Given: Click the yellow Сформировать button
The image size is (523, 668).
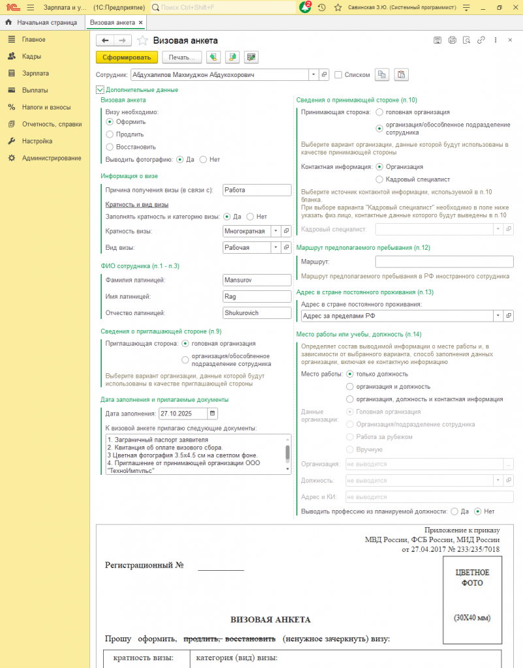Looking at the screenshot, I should click(127, 57).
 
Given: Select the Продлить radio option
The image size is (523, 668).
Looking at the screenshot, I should click(110, 134).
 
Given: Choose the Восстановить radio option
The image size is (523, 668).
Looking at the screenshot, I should click(110, 147).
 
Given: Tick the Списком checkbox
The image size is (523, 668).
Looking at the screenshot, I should click(338, 75).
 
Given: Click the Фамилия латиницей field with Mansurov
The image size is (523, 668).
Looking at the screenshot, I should click(256, 280).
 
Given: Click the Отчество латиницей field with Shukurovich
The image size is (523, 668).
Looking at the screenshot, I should click(256, 313).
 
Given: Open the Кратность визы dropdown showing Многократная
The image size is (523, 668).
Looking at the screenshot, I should click(276, 231).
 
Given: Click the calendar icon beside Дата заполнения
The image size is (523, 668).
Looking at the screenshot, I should click(212, 413).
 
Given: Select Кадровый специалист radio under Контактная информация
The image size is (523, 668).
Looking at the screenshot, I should click(380, 179).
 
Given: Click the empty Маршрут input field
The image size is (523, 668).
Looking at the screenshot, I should click(444, 262).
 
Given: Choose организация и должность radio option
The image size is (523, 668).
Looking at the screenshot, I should click(350, 386).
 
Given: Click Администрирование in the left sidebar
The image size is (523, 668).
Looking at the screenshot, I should click(51, 158).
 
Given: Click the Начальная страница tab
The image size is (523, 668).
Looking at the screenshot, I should click(42, 23).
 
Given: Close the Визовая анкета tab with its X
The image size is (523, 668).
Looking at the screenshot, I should click(141, 23).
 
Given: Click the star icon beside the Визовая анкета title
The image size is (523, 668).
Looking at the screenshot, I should click(142, 40).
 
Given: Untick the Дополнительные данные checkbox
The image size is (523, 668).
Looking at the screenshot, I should click(100, 90).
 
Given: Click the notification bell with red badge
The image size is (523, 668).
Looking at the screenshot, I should click(305, 7).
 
